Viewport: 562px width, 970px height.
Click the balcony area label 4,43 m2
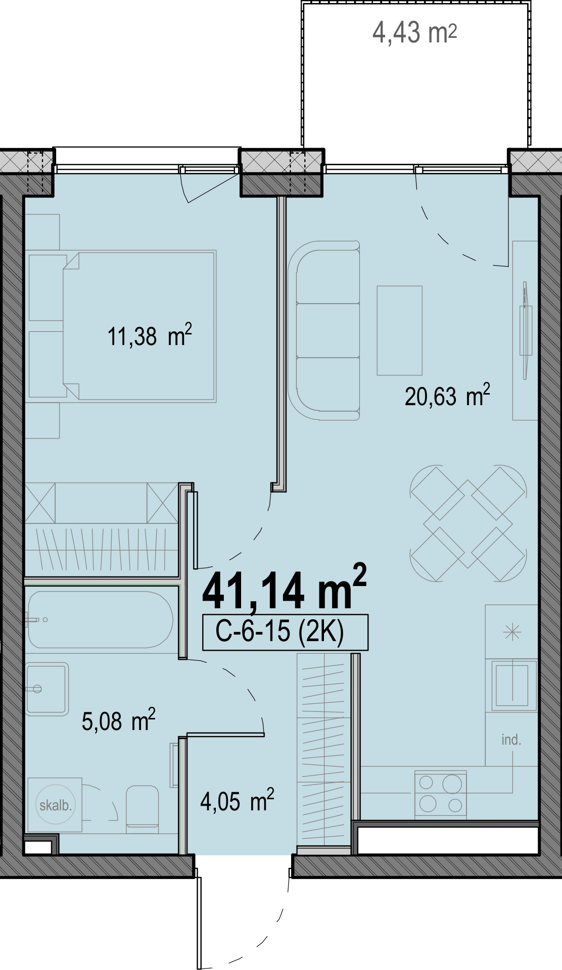(414, 33)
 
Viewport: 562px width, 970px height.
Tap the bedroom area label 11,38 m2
(150, 335)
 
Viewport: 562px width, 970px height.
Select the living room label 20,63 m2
(447, 396)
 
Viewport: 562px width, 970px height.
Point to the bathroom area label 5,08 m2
(118, 720)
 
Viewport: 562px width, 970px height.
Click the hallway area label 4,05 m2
(237, 801)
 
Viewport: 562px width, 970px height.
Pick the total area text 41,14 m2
(284, 588)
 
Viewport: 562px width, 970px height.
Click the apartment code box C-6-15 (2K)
(285, 632)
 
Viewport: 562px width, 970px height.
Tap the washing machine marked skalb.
(55, 805)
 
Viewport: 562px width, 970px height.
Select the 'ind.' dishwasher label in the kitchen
(511, 740)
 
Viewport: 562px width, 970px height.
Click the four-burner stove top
(441, 794)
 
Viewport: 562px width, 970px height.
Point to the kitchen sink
(511, 685)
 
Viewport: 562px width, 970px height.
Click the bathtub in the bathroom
(101, 619)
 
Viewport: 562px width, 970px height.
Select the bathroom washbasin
(47, 689)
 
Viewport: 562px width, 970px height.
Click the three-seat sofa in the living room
(324, 330)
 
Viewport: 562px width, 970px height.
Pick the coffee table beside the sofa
(399, 330)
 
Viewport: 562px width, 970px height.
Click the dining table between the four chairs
(468, 523)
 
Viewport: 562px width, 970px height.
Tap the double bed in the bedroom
(139, 326)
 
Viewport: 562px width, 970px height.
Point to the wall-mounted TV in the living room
(526, 330)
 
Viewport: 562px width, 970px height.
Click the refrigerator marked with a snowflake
(511, 632)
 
